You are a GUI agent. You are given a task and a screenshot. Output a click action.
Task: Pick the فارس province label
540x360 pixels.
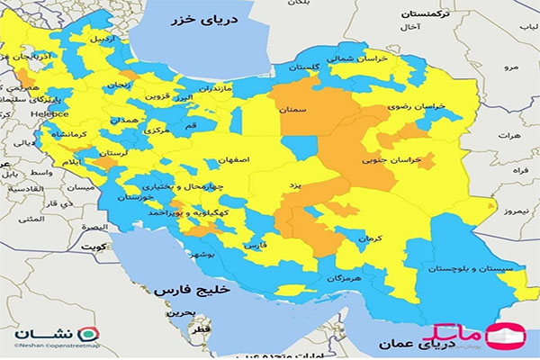[256, 244]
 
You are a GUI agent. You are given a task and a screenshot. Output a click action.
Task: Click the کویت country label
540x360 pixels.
[89, 246]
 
